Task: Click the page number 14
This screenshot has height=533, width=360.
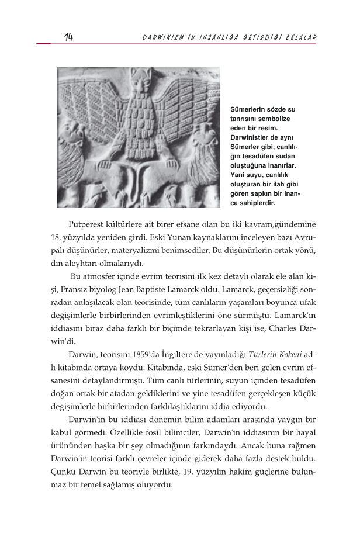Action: tap(69, 37)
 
